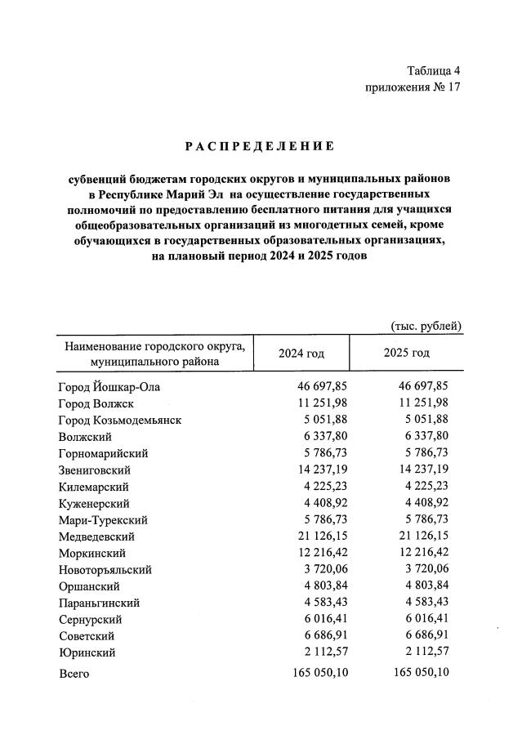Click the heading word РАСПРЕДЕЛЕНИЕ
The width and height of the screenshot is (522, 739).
pos(260,146)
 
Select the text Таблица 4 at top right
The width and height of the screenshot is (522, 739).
pos(433,71)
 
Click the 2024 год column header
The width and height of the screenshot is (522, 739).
pos(301,353)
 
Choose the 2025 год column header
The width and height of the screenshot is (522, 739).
pos(406,353)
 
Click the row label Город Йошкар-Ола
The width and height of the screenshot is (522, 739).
pos(110,387)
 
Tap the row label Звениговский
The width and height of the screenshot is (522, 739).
pos(95,470)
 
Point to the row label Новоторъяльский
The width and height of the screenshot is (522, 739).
pos(105,570)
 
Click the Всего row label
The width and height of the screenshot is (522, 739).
pos(74,674)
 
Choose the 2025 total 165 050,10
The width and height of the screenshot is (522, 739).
pos(417,674)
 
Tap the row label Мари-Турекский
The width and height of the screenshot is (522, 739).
pos(103,520)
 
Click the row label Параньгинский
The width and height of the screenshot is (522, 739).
pos(100,603)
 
